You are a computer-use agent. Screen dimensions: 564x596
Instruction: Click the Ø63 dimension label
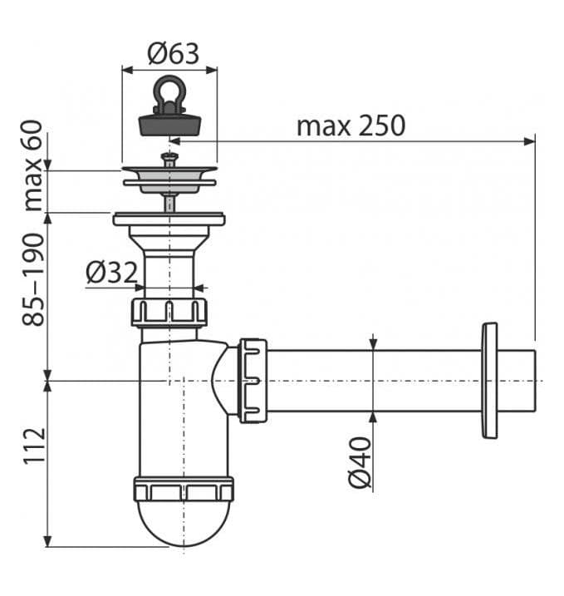(174, 54)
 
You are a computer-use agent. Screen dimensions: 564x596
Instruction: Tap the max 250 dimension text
(351, 126)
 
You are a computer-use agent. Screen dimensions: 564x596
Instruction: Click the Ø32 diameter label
(111, 272)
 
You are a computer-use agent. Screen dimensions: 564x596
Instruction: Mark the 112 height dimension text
(34, 446)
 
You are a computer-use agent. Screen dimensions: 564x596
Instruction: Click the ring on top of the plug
(169, 91)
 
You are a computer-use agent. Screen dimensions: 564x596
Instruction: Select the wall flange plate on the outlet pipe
(489, 381)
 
